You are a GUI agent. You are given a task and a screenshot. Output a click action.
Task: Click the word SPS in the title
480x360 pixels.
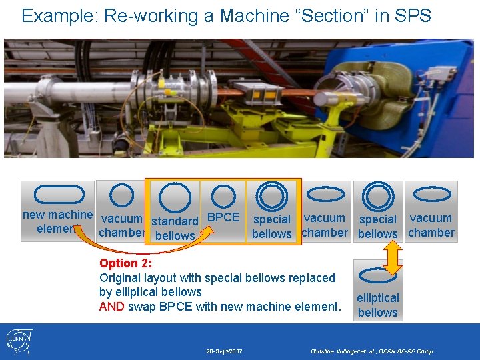414,15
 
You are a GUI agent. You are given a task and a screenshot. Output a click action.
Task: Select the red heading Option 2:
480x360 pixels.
126,263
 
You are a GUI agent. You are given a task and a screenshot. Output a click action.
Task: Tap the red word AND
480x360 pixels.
112,307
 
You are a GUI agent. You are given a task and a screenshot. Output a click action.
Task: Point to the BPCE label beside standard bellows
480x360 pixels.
223,217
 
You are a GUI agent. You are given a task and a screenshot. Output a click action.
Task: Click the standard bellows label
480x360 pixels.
175,228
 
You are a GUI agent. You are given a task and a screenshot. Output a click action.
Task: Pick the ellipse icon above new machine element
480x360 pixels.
50,195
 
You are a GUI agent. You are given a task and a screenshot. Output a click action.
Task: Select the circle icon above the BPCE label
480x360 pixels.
223,196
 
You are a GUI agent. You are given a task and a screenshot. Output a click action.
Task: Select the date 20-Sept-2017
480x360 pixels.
224,351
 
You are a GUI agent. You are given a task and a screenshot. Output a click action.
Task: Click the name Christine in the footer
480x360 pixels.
326,351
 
